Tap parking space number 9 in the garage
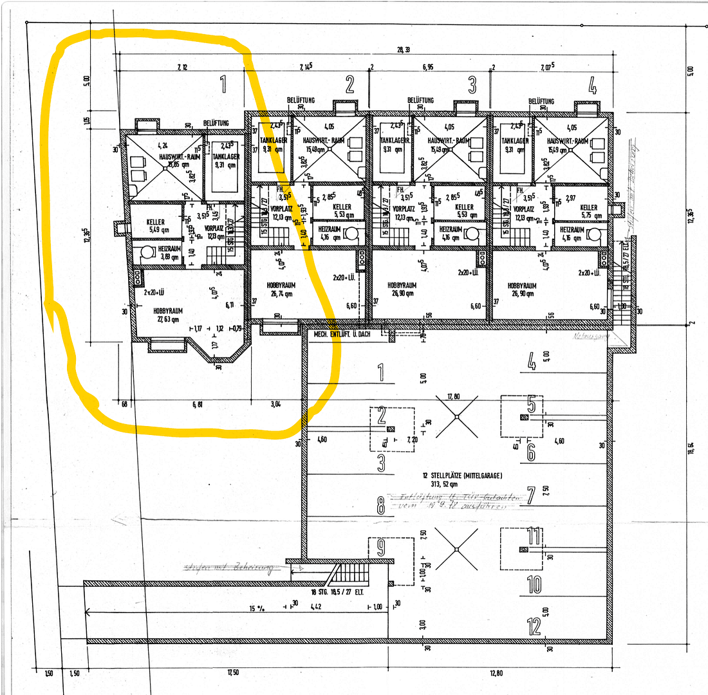click(380, 548)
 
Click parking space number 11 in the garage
click(533, 535)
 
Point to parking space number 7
click(531, 496)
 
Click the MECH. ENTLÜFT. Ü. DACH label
click(346, 335)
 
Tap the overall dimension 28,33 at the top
click(404, 50)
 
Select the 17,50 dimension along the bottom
click(232, 674)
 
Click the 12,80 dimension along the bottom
click(496, 674)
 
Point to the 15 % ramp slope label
click(256, 606)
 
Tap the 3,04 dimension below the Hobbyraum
click(276, 405)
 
